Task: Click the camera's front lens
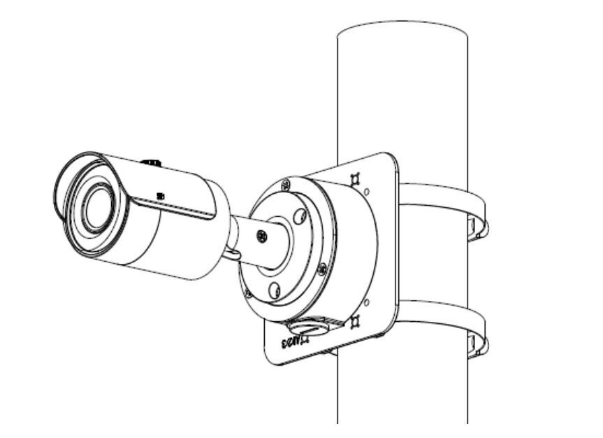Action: click(96, 211)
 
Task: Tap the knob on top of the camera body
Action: click(151, 162)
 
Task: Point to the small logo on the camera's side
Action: click(161, 197)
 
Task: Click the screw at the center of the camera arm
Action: click(261, 235)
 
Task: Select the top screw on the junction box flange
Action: click(286, 185)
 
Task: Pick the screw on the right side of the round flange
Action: click(321, 267)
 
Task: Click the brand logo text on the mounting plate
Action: click(294, 342)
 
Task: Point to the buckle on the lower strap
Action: click(477, 344)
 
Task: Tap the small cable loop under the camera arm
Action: click(233, 251)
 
